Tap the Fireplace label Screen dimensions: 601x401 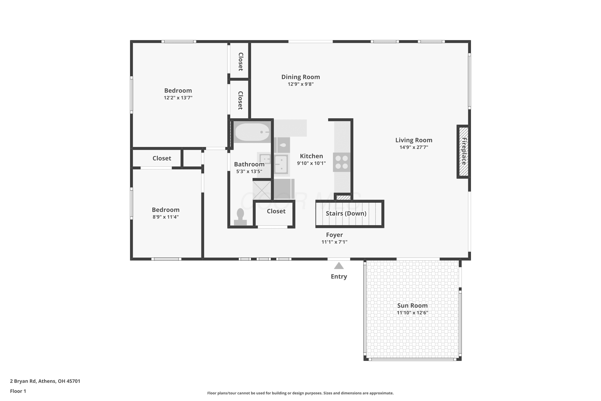(464, 151)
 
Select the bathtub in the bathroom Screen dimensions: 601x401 (252, 132)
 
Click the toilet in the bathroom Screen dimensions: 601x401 (240, 217)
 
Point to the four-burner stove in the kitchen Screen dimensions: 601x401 (342, 162)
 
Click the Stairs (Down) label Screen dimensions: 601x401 (346, 213)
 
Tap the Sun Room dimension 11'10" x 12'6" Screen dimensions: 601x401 (412, 313)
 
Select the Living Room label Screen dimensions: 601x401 (414, 140)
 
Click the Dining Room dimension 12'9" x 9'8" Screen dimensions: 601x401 (300, 84)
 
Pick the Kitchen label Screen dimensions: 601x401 (311, 156)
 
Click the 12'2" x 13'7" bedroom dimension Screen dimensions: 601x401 (178, 97)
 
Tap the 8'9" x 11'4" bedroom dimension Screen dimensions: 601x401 (166, 217)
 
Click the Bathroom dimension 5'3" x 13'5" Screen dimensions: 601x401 (249, 171)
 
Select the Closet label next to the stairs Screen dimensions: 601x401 (276, 211)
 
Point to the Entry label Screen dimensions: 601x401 (339, 276)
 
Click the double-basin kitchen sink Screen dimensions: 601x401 (281, 164)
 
